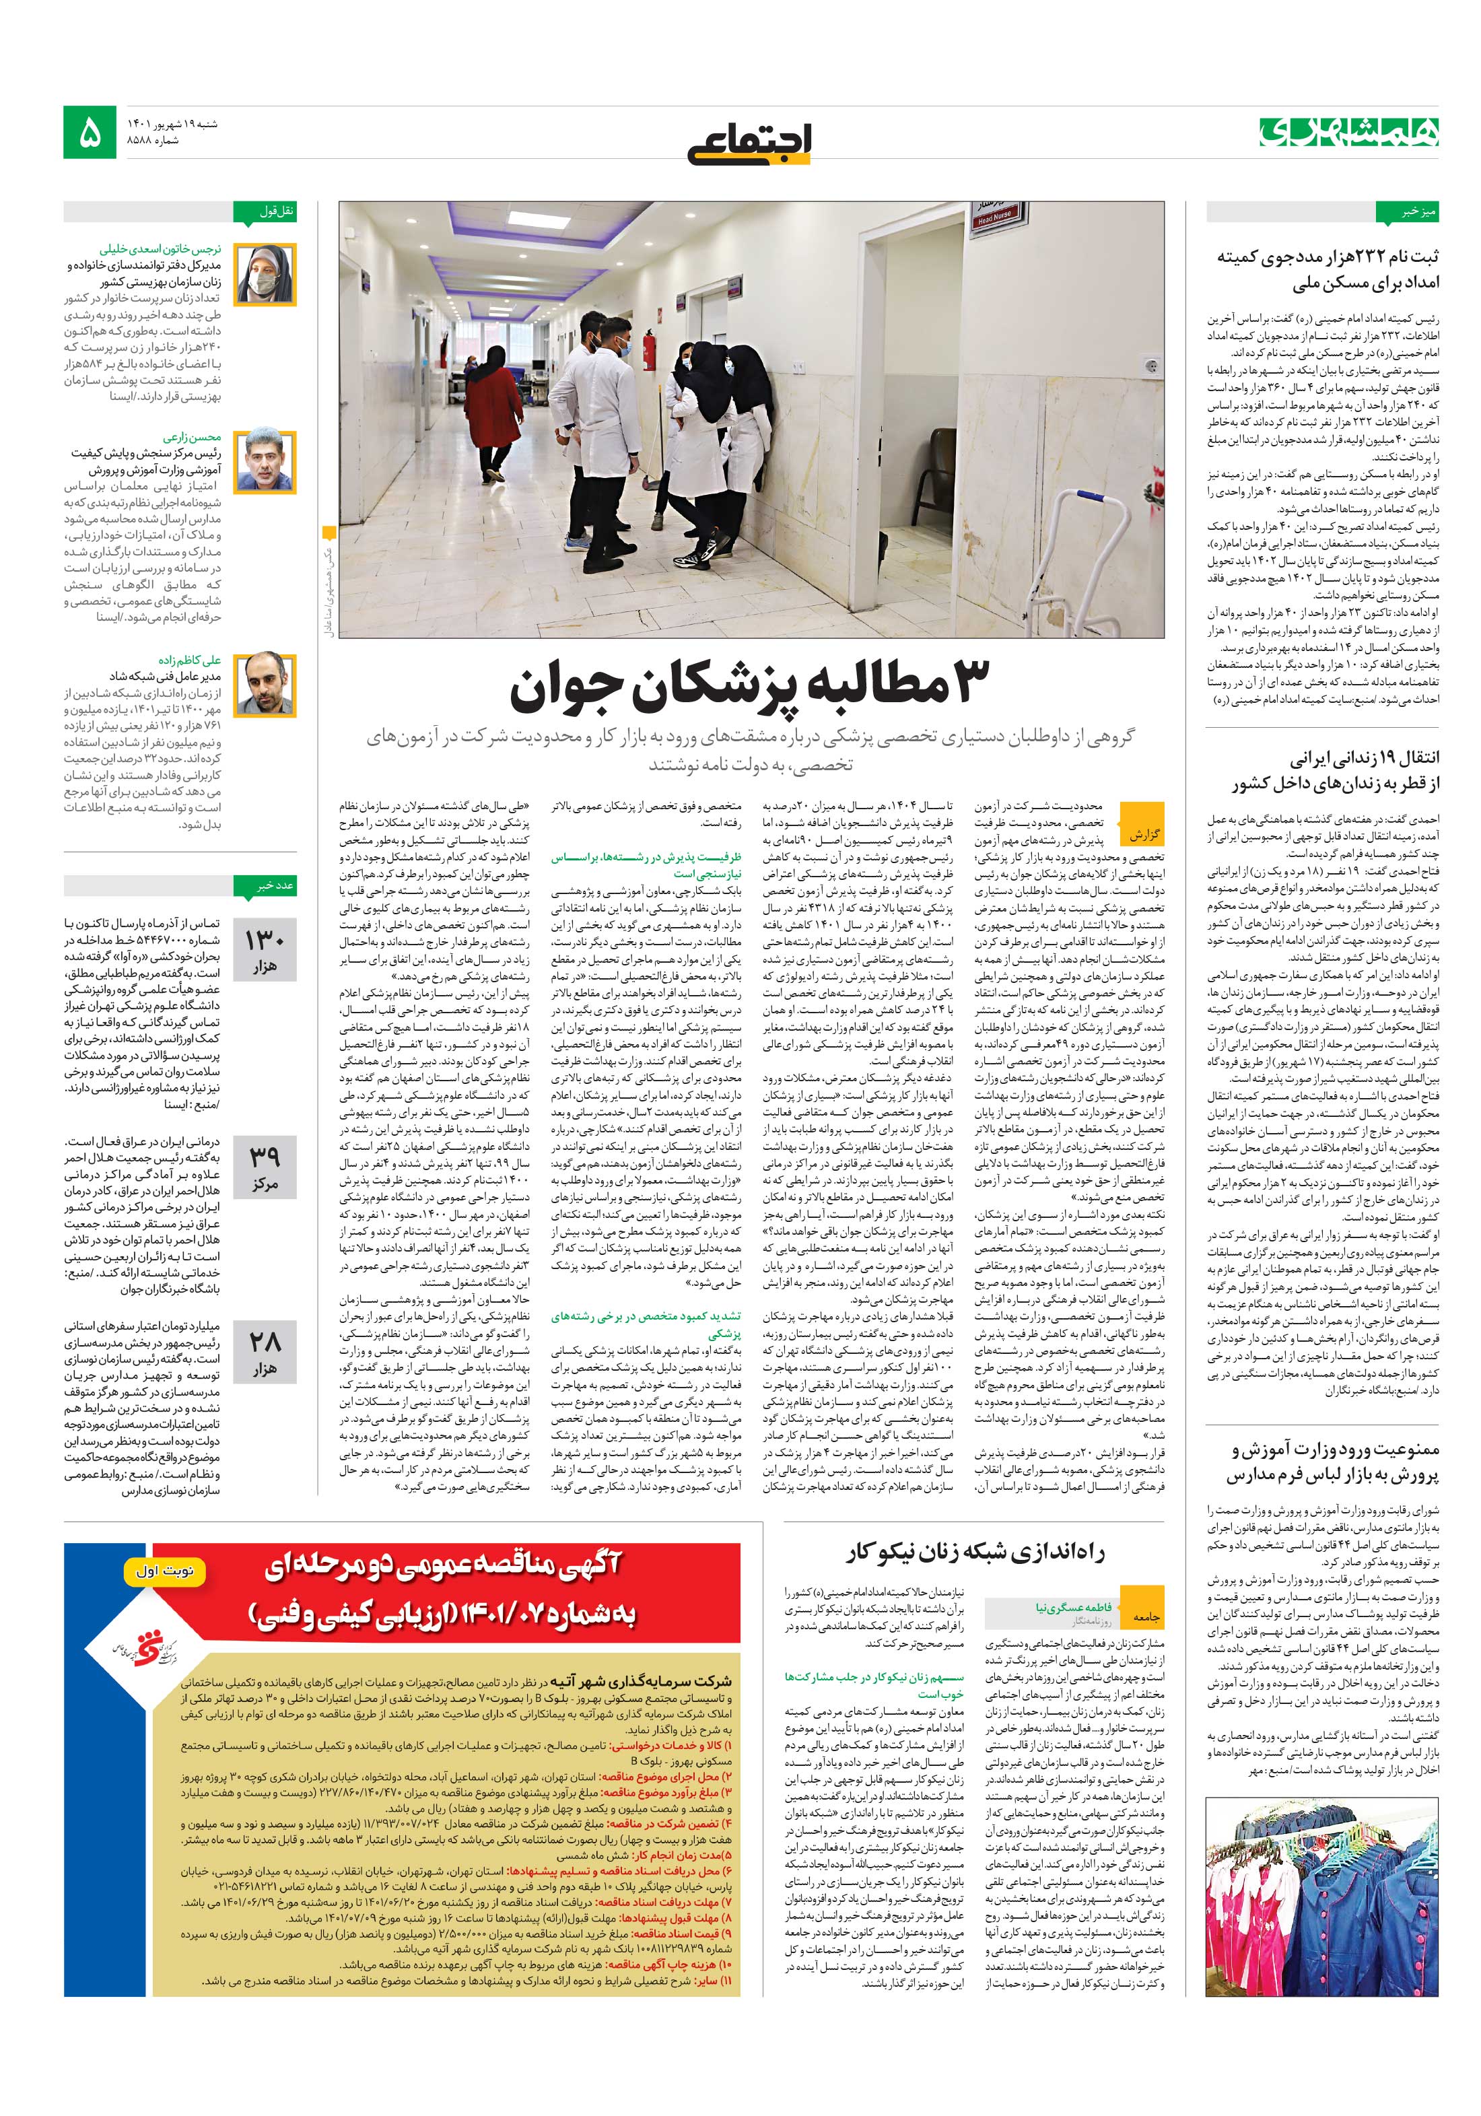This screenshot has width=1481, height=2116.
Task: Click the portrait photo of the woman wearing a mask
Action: coord(265,275)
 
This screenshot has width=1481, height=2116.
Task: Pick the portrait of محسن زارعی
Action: coord(265,460)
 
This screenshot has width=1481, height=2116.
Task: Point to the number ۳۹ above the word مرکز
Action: coord(265,1156)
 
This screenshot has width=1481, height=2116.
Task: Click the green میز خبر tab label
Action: coord(1406,212)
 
